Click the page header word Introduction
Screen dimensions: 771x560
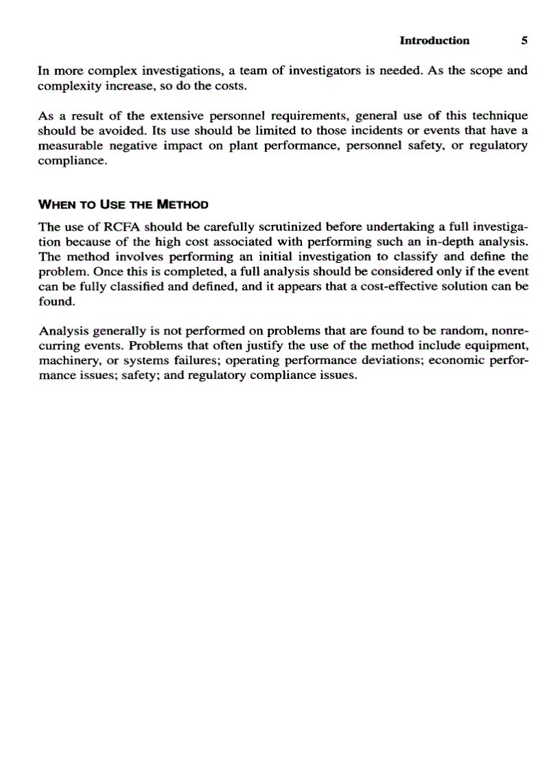click(434, 41)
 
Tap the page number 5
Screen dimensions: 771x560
click(524, 41)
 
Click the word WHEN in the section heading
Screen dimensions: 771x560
click(56, 204)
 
